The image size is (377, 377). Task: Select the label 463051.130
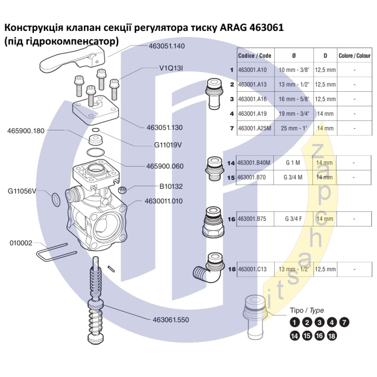coord(164,127)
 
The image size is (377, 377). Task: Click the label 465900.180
coord(26,131)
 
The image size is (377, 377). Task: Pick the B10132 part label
coord(165,186)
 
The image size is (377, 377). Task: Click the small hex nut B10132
coord(122,189)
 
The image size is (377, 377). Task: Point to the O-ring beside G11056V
coord(55,200)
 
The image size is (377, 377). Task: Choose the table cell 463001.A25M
coord(255,128)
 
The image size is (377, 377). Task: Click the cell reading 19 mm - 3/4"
coord(294,113)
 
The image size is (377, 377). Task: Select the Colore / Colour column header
coord(354,55)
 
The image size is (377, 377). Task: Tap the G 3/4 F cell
coord(293,219)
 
